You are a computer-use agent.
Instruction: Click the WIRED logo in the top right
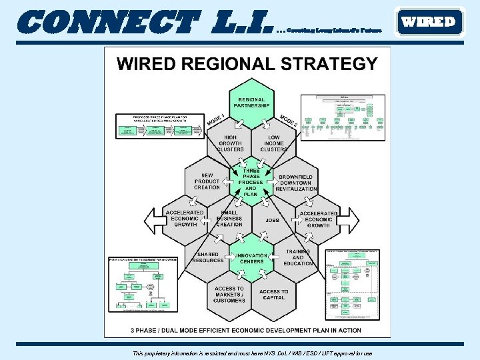pos(429,21)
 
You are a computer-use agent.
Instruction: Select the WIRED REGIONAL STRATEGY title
pos(247,64)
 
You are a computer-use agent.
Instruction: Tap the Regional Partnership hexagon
pos(251,103)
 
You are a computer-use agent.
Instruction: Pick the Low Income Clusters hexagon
pos(273,143)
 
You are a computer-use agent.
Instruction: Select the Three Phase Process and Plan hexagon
pos(251,181)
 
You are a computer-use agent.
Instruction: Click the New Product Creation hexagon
pos(207,181)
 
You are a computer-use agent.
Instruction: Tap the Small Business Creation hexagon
pos(229,219)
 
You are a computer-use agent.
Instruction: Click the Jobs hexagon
pos(273,220)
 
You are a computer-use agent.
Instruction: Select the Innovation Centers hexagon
pos(251,258)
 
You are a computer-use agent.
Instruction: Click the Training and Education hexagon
pos(297,258)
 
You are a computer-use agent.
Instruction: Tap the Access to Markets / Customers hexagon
pos(229,295)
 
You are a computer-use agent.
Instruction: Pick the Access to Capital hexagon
pos(273,295)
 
